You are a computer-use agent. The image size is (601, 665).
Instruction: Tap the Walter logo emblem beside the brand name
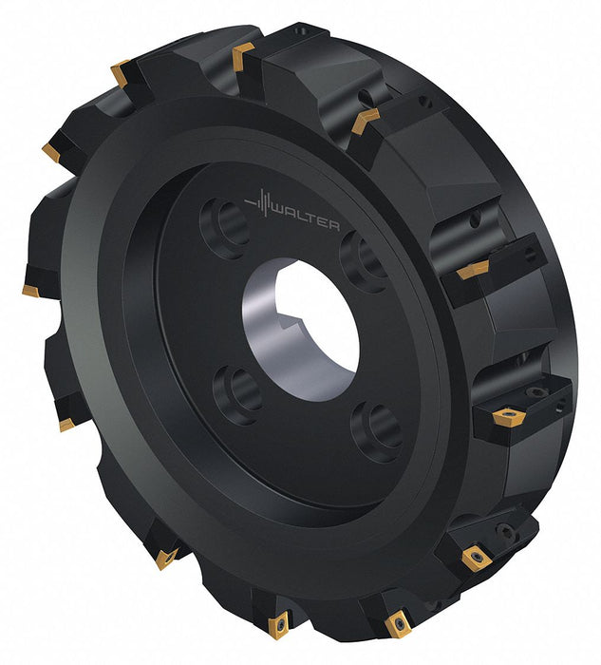(x=259, y=202)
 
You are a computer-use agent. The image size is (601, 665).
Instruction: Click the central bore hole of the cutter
(x=302, y=330)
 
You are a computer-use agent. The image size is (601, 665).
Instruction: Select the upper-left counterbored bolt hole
(x=224, y=228)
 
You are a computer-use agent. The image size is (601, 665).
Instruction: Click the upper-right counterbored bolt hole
(x=363, y=261)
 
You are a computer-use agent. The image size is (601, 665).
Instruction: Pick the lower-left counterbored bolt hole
(x=237, y=394)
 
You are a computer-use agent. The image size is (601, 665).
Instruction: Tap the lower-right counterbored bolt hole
(x=376, y=431)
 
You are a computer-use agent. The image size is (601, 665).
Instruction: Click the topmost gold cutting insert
(x=241, y=55)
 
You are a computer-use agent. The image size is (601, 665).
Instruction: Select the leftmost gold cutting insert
(x=30, y=291)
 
